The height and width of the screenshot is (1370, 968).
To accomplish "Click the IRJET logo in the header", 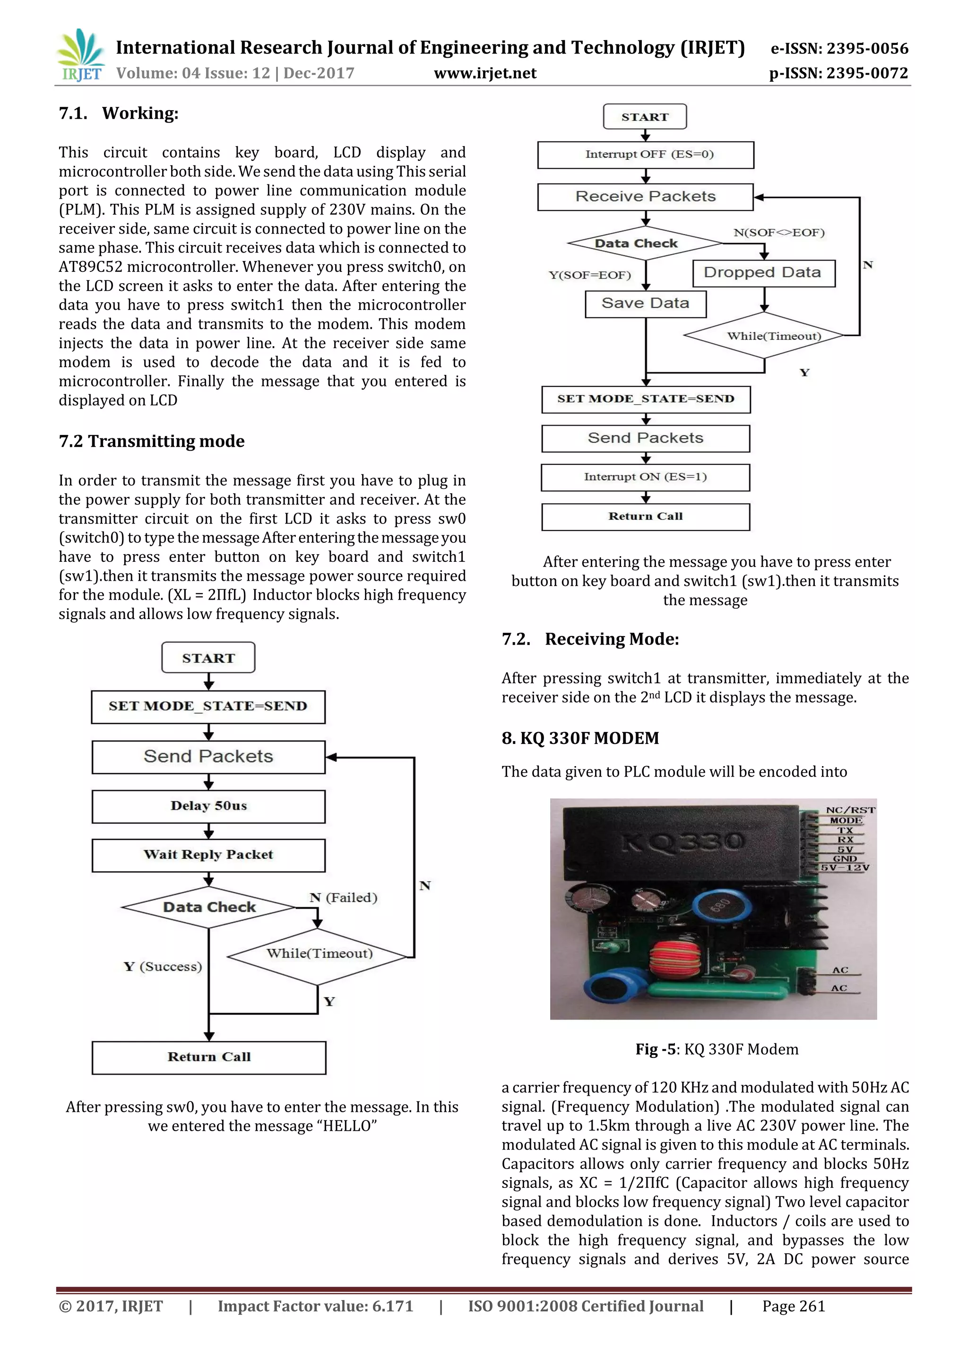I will (x=80, y=55).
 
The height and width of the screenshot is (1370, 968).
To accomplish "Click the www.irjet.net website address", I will (x=485, y=73).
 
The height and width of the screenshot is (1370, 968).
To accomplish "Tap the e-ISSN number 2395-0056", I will (x=839, y=48).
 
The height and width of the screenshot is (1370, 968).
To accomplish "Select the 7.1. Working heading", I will (x=119, y=113).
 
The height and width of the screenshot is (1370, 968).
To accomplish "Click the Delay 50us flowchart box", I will (x=208, y=806).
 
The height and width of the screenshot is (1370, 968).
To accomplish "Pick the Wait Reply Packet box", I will (x=208, y=855).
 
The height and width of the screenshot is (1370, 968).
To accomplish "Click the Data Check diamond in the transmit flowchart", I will (x=209, y=907).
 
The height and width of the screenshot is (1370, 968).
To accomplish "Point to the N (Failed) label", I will (x=343, y=898).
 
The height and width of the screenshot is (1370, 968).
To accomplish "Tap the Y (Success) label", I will (x=163, y=966).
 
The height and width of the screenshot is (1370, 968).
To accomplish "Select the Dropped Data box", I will (x=763, y=273).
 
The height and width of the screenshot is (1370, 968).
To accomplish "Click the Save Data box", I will (x=645, y=304).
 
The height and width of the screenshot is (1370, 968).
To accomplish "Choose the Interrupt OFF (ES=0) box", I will (x=645, y=155).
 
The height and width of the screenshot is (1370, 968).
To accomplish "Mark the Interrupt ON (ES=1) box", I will (x=645, y=477).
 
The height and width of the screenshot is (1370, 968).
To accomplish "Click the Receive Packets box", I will (x=645, y=197).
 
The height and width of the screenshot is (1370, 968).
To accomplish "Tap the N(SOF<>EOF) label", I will (x=779, y=233).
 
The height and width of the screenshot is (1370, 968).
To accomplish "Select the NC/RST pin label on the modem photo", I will (x=850, y=810).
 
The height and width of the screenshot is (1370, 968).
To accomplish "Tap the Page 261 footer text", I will (x=793, y=1306).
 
